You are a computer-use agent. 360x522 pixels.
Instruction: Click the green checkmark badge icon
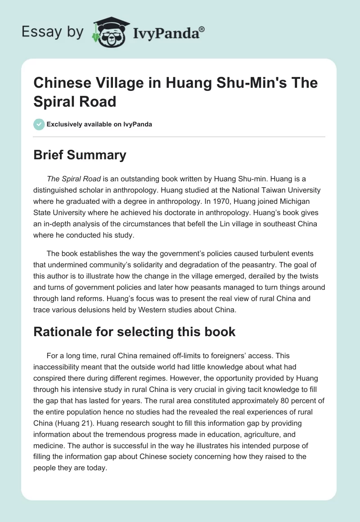pyautogui.click(x=39, y=124)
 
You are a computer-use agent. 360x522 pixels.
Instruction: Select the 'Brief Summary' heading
pyautogui.click(x=80, y=155)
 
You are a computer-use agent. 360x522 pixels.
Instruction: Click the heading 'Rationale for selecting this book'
pyautogui.click(x=135, y=332)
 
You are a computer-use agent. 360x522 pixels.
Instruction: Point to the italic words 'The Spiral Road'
pyautogui.click(x=73, y=179)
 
